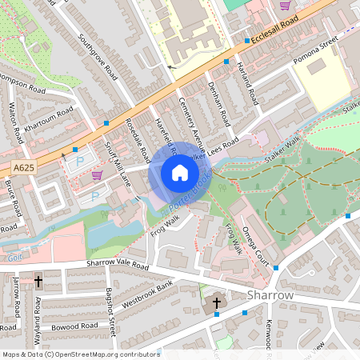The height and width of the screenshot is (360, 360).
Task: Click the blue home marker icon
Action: pyautogui.click(x=180, y=173)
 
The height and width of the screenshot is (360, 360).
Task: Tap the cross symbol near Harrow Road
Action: pyautogui.click(x=38, y=282)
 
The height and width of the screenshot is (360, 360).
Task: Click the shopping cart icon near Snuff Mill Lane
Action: pyautogui.click(x=97, y=175)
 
